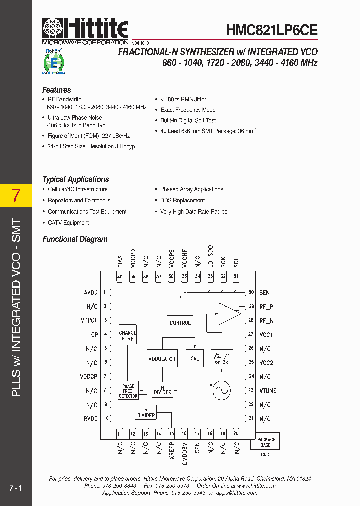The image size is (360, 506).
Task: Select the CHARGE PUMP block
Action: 128,336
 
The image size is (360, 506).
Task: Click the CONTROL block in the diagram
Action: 180,323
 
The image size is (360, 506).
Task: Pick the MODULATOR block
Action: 162,359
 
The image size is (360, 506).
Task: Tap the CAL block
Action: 195,358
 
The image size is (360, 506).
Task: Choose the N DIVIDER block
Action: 162,390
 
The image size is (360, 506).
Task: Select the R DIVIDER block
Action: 146,412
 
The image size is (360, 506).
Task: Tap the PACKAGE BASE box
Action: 266,442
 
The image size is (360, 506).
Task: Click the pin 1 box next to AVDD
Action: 106,292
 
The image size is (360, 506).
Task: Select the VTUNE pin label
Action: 268,391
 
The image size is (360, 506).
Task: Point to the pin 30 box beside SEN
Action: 250,292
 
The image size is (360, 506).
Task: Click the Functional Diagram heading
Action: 75,239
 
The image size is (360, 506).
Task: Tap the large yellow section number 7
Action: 16,195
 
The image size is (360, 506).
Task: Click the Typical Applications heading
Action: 75,179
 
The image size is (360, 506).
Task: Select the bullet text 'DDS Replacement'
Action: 182,200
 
